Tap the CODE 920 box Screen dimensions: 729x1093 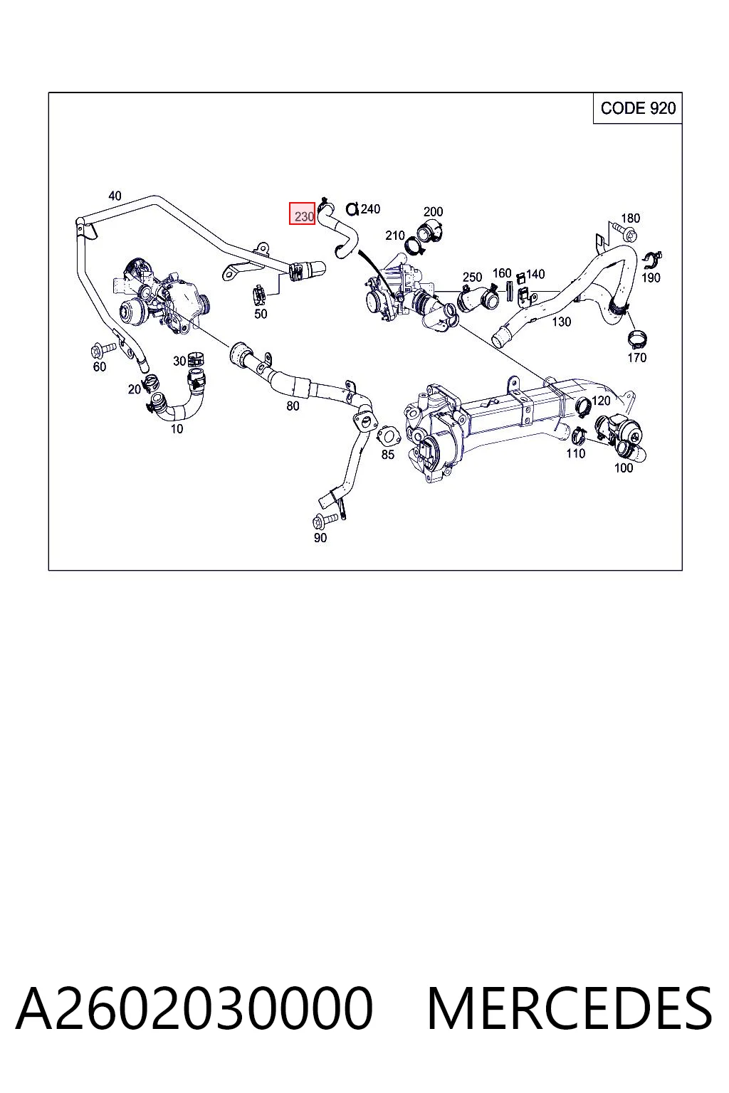tap(637, 108)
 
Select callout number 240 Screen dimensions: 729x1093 tap(370, 208)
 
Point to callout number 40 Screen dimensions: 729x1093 tap(115, 196)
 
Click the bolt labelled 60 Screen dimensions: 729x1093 tap(103, 349)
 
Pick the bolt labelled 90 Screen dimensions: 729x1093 tap(325, 521)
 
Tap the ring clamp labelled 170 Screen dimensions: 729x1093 tap(636, 337)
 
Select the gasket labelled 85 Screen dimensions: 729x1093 tap(387, 435)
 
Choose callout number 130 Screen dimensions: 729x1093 tap(562, 322)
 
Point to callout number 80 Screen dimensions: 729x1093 tap(293, 406)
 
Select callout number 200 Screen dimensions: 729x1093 tap(433, 211)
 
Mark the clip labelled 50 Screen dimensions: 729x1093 tap(259, 293)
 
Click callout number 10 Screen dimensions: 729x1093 tap(177, 428)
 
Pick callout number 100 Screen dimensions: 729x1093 tap(624, 468)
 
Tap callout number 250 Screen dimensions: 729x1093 tap(472, 277)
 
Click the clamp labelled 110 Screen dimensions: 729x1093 tap(579, 435)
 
